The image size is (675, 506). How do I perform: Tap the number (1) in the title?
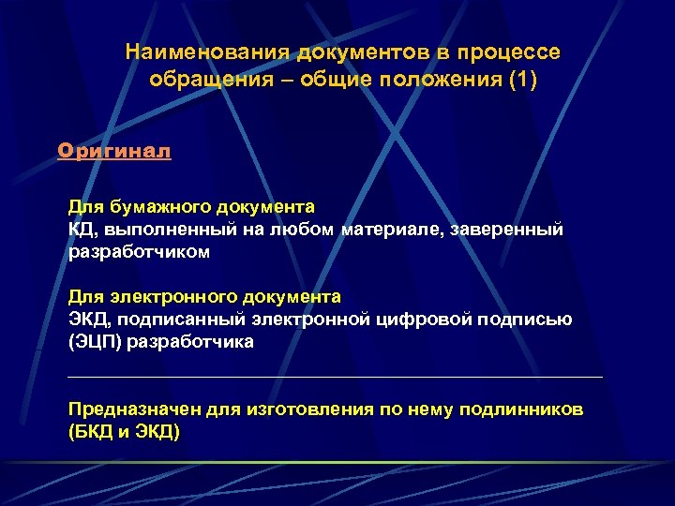[522, 79]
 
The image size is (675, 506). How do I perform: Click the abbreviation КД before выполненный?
[78, 229]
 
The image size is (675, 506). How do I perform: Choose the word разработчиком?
[139, 252]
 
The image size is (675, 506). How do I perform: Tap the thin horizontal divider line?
[336, 377]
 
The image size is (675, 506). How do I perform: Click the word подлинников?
[520, 409]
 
